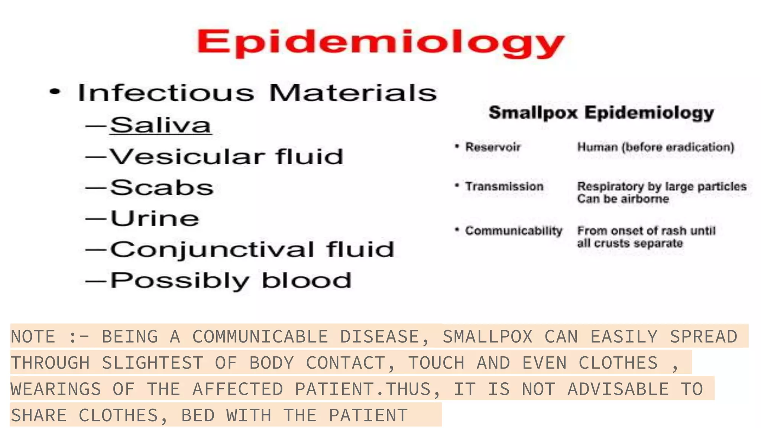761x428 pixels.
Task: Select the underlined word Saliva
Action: point(161,125)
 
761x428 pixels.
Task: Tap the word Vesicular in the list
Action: point(188,156)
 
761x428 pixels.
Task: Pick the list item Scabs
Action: point(162,187)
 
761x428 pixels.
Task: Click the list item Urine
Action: point(155,218)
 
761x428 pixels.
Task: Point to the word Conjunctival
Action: point(212,249)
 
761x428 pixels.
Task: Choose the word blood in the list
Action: point(307,280)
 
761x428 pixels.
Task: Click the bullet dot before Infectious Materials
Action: point(55,92)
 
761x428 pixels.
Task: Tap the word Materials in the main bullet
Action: point(353,93)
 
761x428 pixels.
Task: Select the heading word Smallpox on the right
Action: point(533,113)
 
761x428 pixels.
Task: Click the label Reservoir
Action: point(493,147)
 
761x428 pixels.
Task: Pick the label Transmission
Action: point(504,186)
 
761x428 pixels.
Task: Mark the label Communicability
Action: point(514,231)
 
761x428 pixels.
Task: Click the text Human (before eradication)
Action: point(655,147)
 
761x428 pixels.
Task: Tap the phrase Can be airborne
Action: point(623,199)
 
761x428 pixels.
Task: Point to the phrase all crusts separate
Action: point(630,243)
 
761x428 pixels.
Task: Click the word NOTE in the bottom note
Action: point(33,337)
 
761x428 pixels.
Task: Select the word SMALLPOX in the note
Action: point(488,337)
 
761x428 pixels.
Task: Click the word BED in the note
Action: point(198,415)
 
